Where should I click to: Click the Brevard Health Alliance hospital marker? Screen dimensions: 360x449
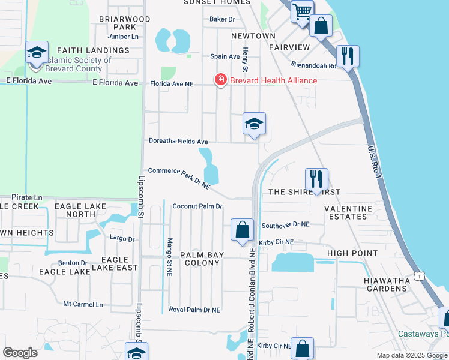221,80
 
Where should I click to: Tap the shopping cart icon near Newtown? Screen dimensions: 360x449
302,11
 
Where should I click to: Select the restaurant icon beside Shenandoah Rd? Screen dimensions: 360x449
348,56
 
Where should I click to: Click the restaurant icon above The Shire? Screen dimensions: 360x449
316,179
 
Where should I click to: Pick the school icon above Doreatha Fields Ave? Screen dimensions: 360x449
254,124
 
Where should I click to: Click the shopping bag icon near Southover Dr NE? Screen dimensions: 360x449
242,230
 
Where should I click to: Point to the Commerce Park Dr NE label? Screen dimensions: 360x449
179,178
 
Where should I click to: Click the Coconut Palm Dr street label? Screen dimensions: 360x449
197,206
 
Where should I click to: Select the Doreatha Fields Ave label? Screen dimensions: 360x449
178,142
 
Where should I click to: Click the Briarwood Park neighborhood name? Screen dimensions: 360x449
125,23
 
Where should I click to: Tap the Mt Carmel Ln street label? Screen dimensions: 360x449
83,304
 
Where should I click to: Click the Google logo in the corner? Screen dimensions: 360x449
20,353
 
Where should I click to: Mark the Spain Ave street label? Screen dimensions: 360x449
225,57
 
